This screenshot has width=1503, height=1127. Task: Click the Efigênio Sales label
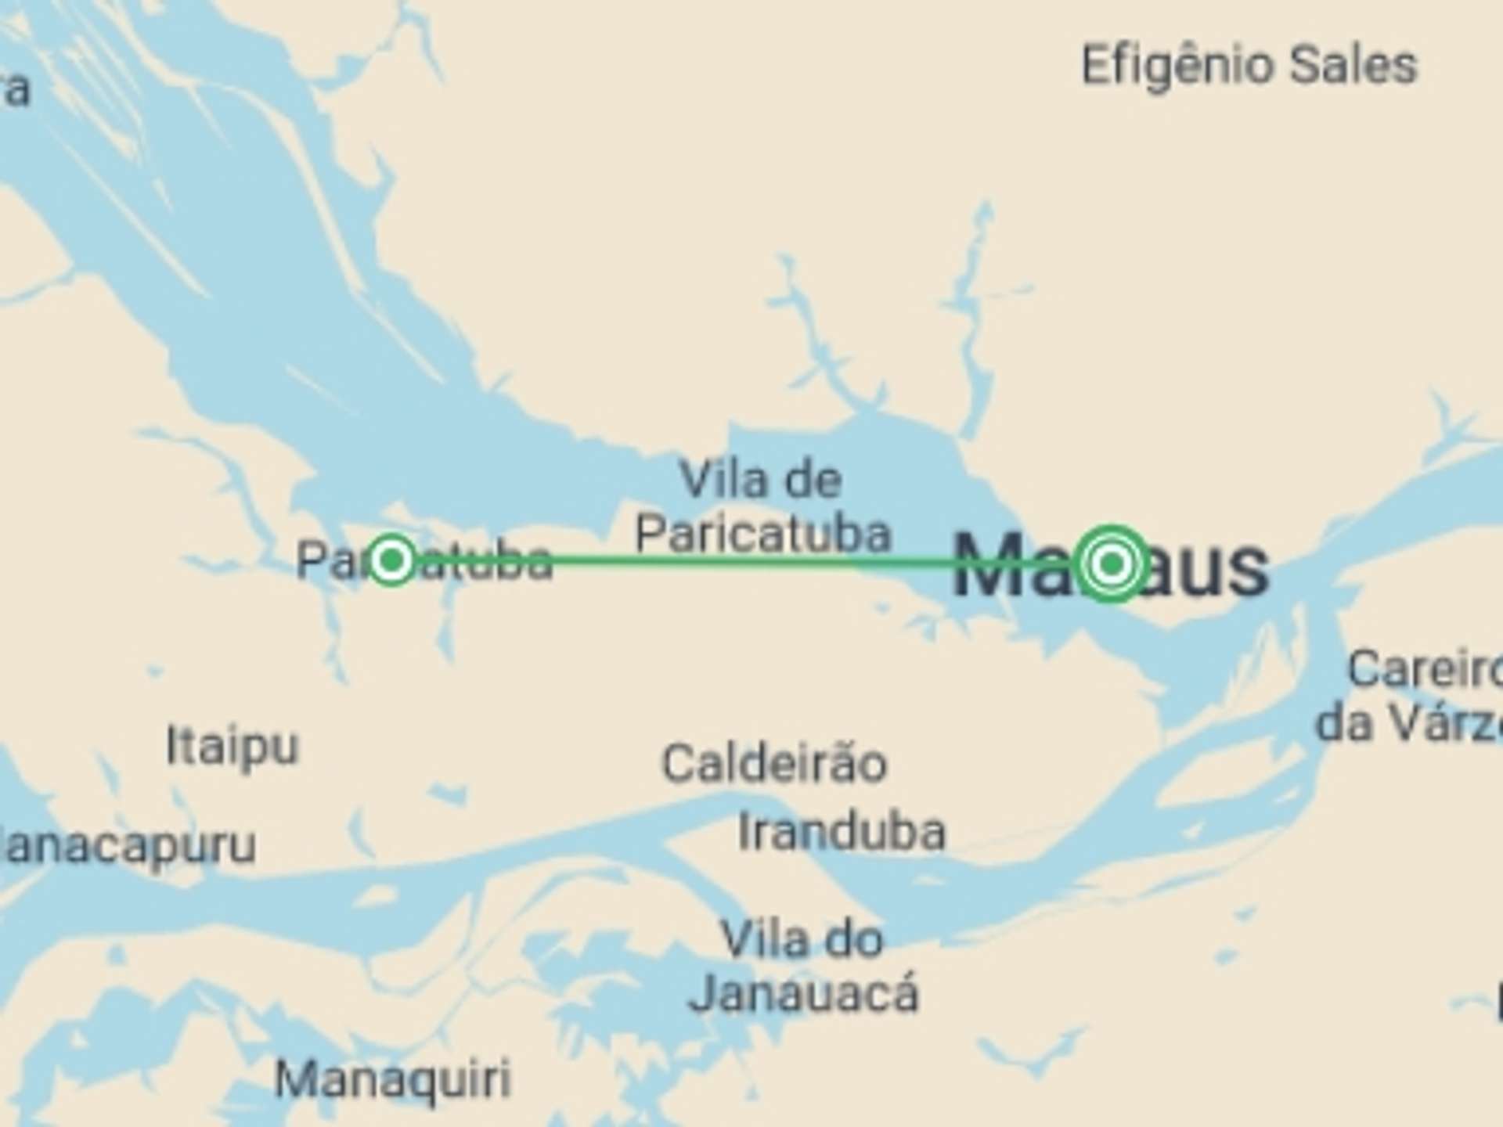[x=1249, y=66]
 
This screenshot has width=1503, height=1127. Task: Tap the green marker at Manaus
[x=1112, y=563]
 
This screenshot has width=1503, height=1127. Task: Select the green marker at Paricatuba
[x=391, y=560]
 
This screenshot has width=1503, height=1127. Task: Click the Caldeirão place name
[x=774, y=764]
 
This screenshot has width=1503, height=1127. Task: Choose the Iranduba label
[x=842, y=832]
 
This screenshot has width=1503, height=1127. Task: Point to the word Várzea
[x=1448, y=724]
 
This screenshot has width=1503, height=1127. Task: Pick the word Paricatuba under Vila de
[x=763, y=535]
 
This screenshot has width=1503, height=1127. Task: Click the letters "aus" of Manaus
[x=1209, y=568]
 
